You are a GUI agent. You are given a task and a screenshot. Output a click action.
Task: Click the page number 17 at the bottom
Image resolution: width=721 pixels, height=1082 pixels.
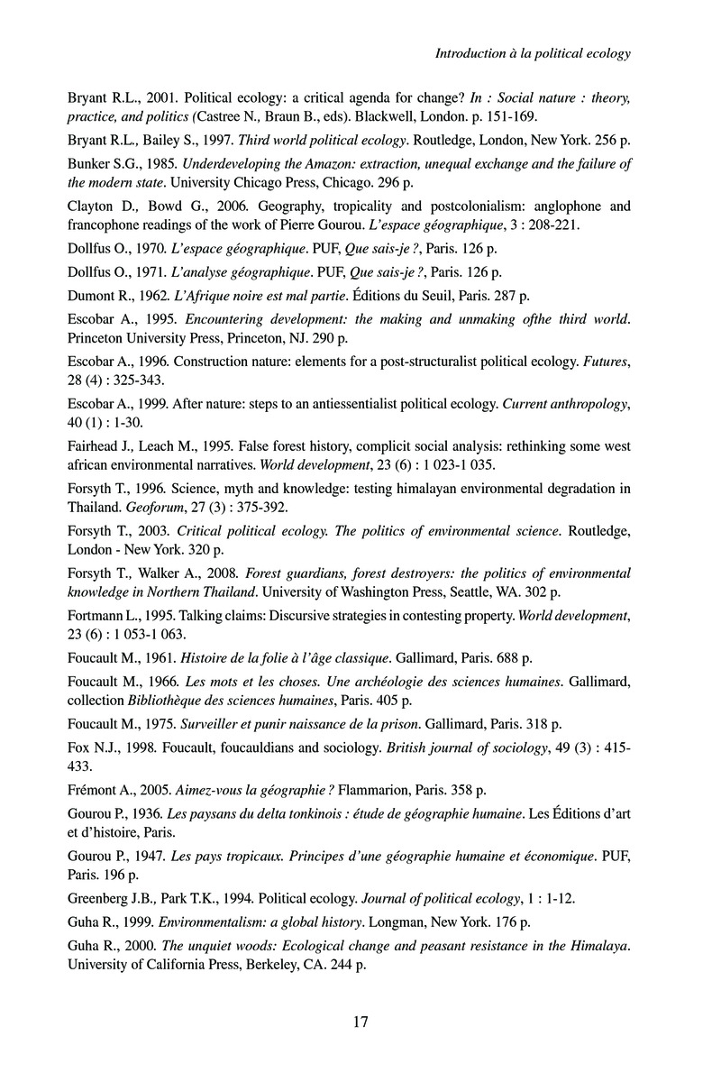click(x=360, y=1022)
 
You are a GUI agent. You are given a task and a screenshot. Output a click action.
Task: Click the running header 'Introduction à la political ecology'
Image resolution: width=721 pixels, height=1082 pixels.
click(x=533, y=53)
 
